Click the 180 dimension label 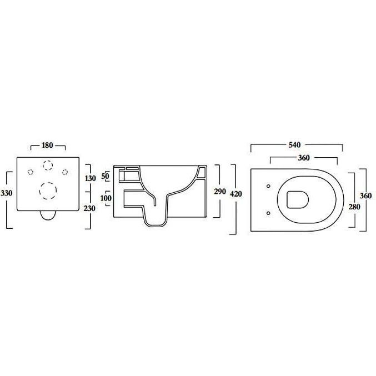pos(47,146)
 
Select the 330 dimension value pos(6,193)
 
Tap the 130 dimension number pos(91,178)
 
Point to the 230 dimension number pos(89,208)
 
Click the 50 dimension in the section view pos(106,176)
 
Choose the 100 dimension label pos(106,198)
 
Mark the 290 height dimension pos(220,192)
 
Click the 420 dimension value pos(236,194)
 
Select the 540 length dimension pos(295,145)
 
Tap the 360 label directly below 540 pos(304,158)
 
